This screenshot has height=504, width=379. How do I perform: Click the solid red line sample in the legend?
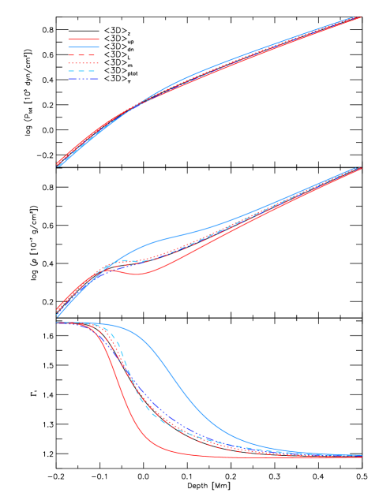point(83,39)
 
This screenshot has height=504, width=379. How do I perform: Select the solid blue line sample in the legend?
point(83,47)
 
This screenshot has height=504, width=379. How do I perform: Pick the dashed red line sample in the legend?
point(83,55)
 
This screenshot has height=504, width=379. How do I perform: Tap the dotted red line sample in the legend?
point(83,63)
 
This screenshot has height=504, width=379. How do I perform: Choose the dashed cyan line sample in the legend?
point(83,71)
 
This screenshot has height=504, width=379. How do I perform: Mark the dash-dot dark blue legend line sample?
point(83,79)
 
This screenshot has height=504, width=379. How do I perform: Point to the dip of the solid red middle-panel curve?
point(137,274)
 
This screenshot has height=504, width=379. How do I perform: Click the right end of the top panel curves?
point(359,17)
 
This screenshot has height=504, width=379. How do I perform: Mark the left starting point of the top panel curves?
point(58,165)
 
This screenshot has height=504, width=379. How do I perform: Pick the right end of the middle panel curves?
point(359,168)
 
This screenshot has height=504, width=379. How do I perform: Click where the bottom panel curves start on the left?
point(58,323)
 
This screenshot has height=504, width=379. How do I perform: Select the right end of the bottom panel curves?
point(360,456)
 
